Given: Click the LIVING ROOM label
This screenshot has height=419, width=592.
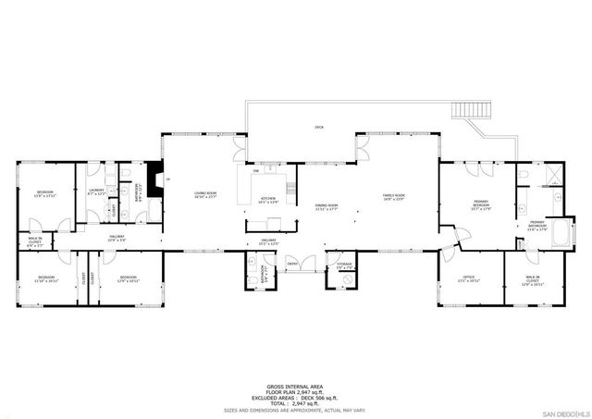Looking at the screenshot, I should point(204,195).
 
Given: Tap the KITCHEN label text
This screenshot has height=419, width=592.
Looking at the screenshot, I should point(268,199).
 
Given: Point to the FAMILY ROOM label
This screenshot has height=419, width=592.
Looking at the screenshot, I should point(395,197).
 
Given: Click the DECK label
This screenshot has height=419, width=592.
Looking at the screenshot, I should point(319,127).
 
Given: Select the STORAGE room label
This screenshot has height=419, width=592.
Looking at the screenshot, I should point(344,265).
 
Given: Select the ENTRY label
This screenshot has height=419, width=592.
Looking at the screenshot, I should point(292,264).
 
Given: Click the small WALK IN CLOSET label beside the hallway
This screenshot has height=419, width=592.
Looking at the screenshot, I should point(35,243).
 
